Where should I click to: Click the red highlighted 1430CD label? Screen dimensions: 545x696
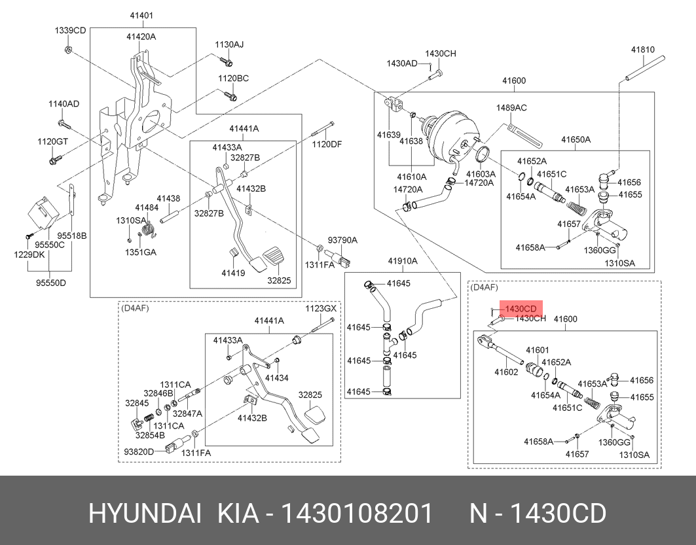tap(521, 309)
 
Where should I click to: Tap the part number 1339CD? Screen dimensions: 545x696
tap(70, 30)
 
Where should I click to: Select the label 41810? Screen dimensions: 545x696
tap(643, 49)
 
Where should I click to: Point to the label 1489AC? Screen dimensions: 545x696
tap(511, 107)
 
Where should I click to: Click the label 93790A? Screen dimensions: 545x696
tap(342, 240)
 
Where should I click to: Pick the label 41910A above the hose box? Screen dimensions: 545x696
tap(403, 260)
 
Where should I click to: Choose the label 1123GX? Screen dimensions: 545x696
tap(321, 308)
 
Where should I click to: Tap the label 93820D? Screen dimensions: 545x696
tap(138, 451)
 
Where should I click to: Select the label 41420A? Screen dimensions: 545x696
tap(141, 37)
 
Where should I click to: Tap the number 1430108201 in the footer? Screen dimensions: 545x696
tap(356, 514)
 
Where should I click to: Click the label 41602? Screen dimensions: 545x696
tap(506, 372)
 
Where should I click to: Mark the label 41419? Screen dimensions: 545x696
tap(232, 272)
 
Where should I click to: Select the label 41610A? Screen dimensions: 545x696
tap(411, 177)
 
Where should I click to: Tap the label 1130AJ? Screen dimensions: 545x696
tap(229, 44)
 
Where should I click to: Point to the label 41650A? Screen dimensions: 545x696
tap(576, 139)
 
